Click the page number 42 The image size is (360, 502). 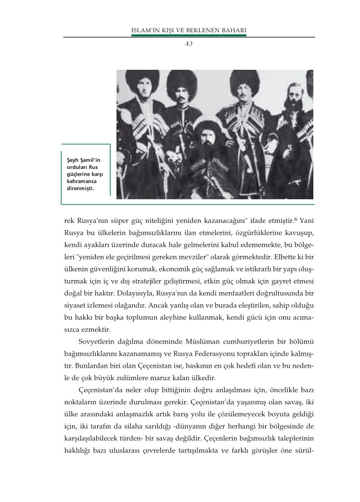click(189, 43)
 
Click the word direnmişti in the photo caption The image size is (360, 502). click(79, 188)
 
